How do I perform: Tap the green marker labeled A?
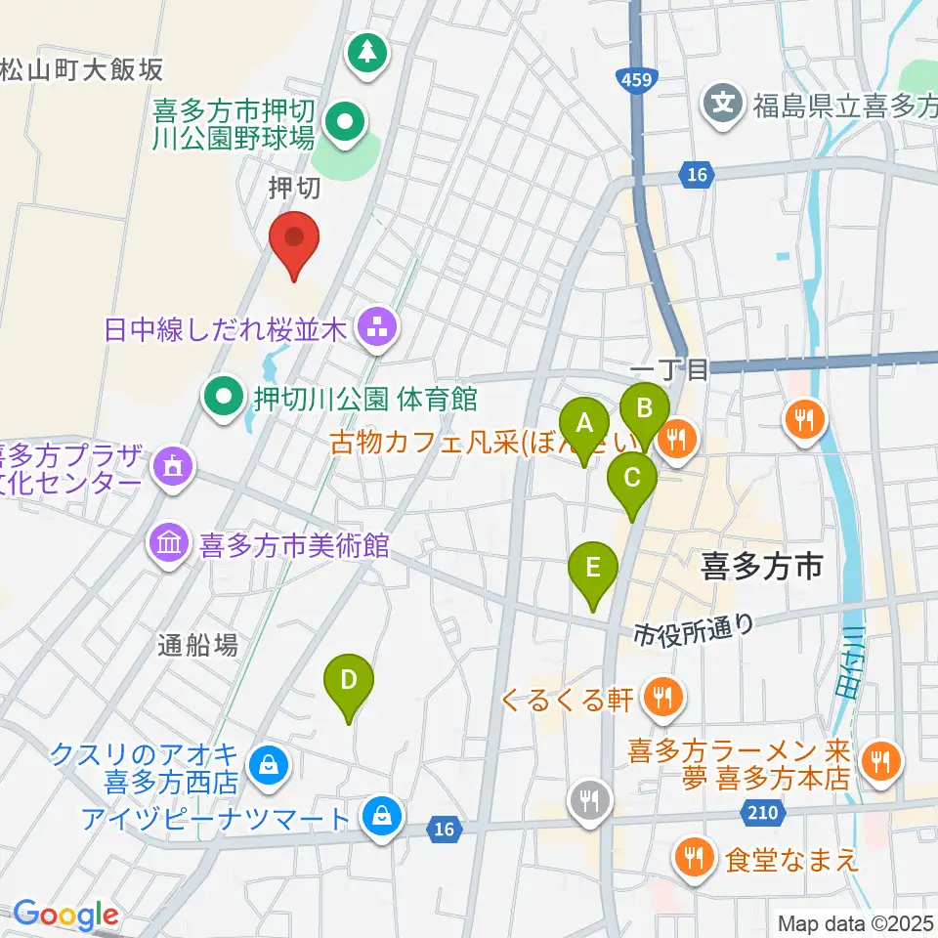click(x=585, y=426)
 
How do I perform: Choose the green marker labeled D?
click(x=349, y=681)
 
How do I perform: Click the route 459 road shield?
click(x=633, y=75)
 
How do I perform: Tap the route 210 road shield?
click(x=766, y=811)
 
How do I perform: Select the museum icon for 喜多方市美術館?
click(x=170, y=544)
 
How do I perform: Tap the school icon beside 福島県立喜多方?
click(x=724, y=101)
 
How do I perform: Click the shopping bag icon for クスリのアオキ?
click(x=267, y=765)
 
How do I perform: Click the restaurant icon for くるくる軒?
click(x=664, y=698)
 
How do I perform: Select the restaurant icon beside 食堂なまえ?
click(x=696, y=859)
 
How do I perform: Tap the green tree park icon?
click(x=368, y=52)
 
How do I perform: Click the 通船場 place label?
click(x=198, y=645)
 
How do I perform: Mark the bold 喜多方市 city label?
click(x=763, y=566)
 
